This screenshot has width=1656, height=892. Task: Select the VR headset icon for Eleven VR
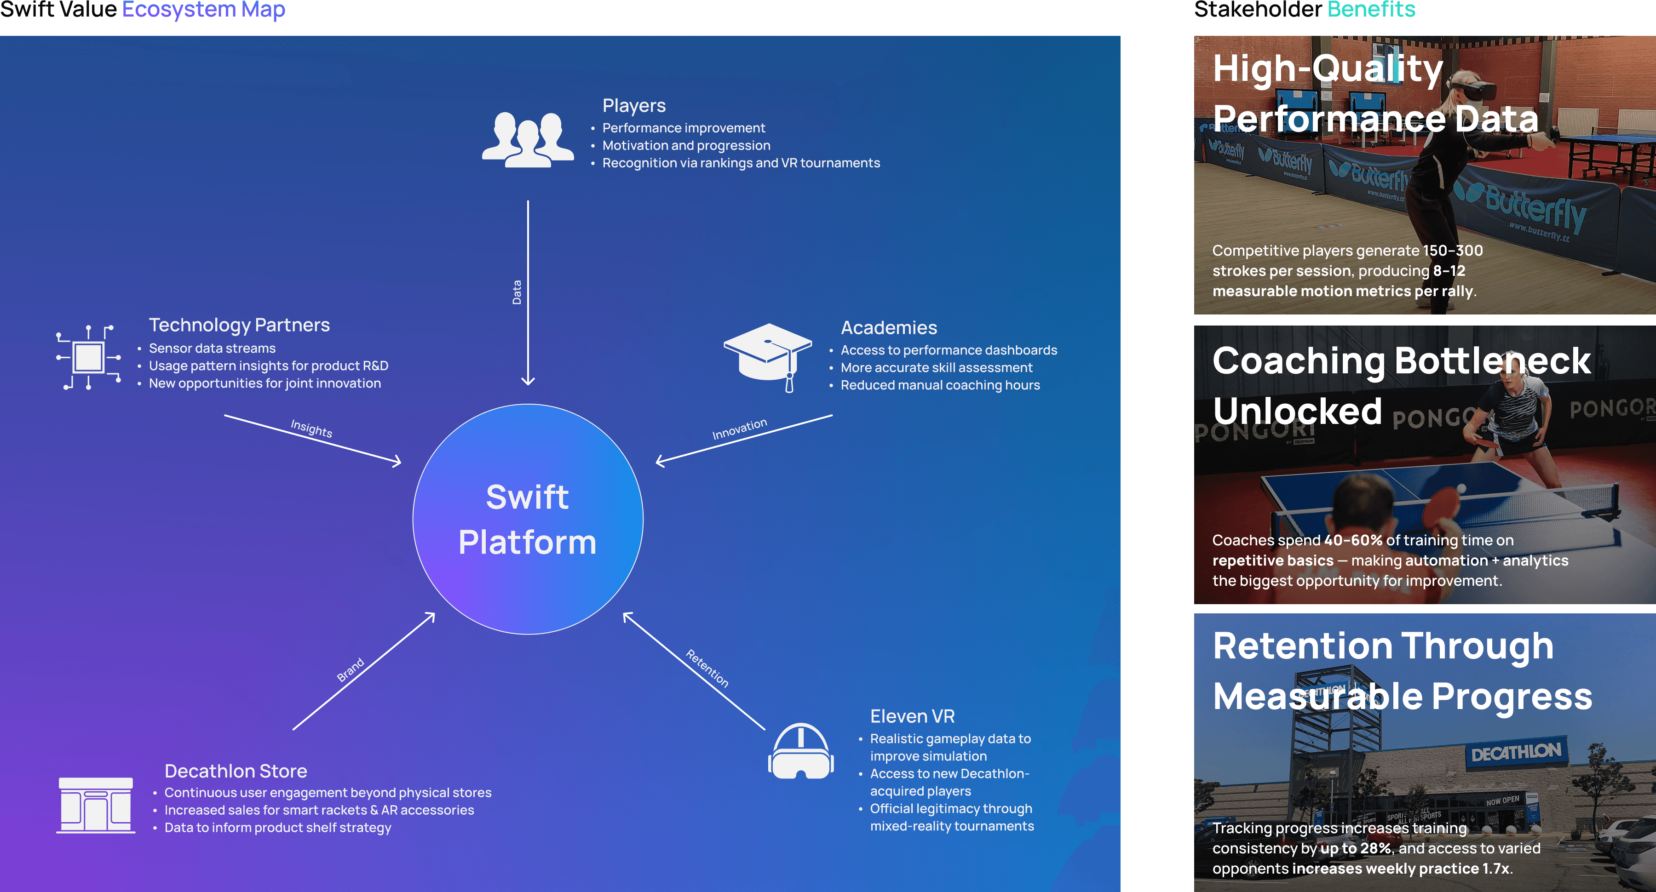click(x=800, y=751)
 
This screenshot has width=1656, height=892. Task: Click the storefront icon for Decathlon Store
click(x=96, y=805)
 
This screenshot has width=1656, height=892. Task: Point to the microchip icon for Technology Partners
click(x=89, y=357)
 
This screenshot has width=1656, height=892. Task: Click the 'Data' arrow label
click(x=516, y=292)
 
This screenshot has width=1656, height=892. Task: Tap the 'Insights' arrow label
click(x=311, y=428)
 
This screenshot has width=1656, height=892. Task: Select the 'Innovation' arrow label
click(x=739, y=429)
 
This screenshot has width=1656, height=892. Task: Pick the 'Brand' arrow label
click(x=351, y=669)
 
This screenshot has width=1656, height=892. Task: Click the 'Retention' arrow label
click(x=707, y=669)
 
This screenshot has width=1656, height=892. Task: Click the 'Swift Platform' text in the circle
click(x=527, y=519)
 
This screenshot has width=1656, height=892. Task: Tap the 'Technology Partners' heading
click(x=239, y=325)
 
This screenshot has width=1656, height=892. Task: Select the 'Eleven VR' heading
click(x=912, y=716)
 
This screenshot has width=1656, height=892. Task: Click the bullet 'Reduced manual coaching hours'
click(x=940, y=385)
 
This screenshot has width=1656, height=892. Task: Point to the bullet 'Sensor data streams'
click(x=212, y=349)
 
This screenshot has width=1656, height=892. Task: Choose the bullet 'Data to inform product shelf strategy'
click(x=278, y=828)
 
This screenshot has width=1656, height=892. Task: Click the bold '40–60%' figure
click(x=1352, y=540)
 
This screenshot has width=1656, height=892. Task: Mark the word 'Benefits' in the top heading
click(x=1371, y=10)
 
